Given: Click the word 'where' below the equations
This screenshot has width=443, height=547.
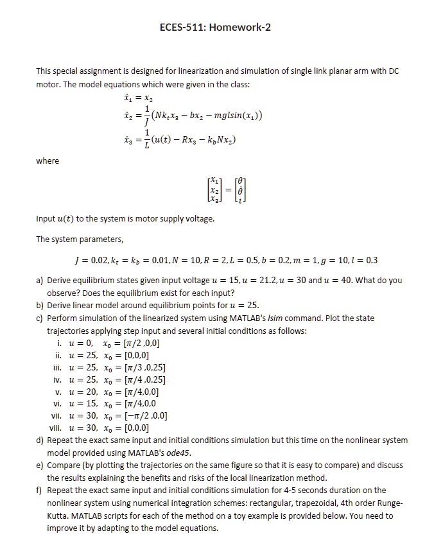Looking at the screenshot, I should (x=48, y=161).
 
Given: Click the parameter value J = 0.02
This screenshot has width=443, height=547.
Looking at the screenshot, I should (x=94, y=260).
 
